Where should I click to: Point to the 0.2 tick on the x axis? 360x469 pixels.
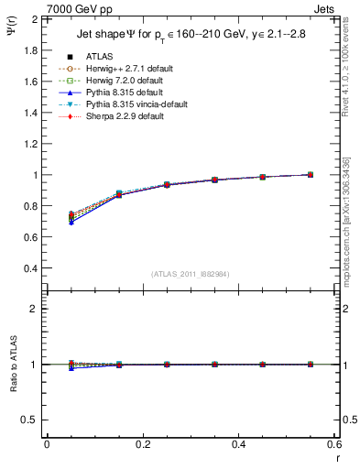[142, 444]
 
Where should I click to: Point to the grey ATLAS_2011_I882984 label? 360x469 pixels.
[191, 274]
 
